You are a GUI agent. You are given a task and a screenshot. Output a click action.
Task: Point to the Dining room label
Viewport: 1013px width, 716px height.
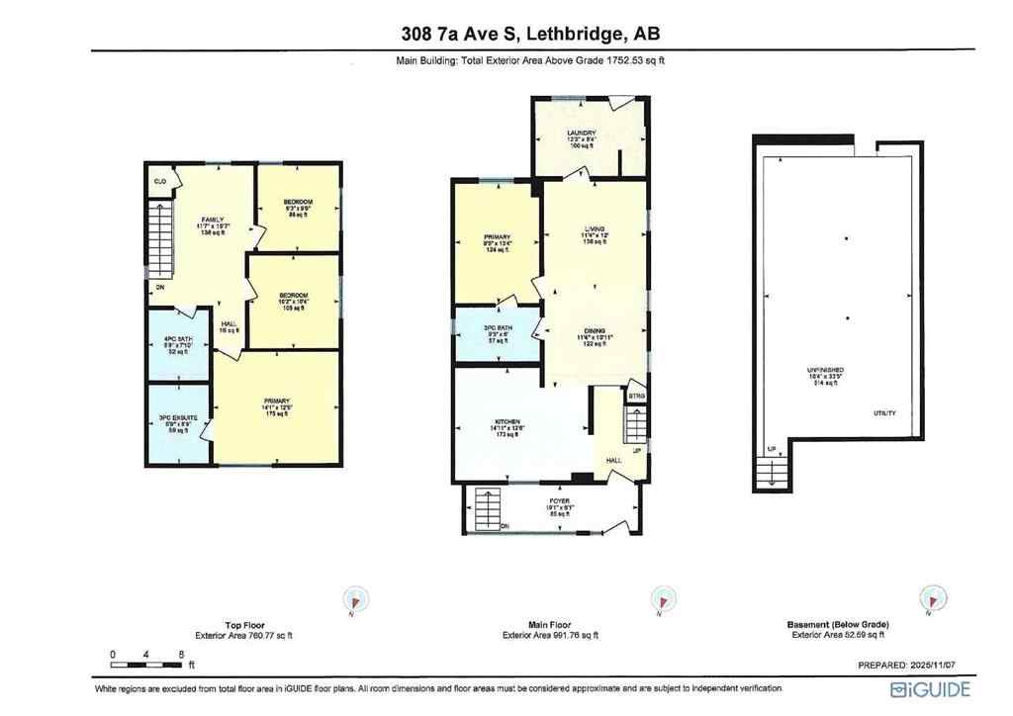click(x=595, y=331)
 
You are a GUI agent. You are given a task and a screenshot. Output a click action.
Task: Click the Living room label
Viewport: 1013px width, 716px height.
click(x=595, y=226)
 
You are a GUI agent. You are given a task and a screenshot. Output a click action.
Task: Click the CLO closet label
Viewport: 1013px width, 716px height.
click(x=159, y=182)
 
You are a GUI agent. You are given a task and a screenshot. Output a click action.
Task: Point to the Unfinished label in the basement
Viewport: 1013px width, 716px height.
click(x=824, y=371)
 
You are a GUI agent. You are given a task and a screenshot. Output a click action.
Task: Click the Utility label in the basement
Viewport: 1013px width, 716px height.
click(x=884, y=412)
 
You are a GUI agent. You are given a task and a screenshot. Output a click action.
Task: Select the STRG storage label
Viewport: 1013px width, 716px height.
click(x=636, y=396)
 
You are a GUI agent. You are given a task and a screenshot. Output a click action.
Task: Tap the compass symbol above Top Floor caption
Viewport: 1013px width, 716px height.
click(x=355, y=599)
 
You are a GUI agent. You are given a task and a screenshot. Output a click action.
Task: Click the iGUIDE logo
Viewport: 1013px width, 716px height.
click(x=931, y=689)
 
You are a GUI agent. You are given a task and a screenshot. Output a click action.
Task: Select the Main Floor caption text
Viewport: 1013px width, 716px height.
click(x=549, y=625)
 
